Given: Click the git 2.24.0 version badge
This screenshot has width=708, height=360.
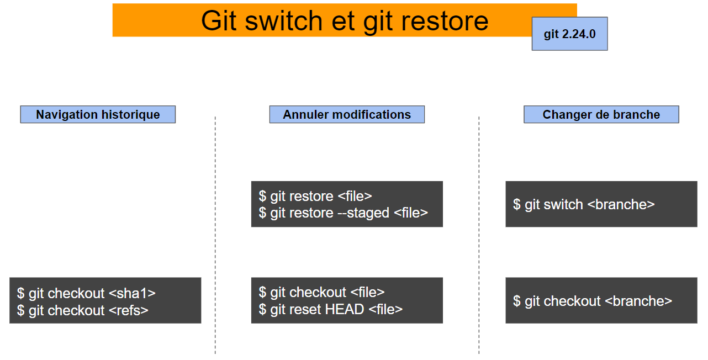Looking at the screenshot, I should tap(569, 34).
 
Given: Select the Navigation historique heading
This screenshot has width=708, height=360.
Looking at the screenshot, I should tap(98, 114).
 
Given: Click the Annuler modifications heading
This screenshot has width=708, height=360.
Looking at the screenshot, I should tap(347, 114).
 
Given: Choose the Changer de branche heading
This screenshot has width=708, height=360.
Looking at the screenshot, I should tap(601, 114).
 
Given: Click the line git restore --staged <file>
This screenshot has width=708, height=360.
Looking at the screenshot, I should tap(344, 213).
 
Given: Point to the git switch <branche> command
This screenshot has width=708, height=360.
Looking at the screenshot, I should tap(584, 204).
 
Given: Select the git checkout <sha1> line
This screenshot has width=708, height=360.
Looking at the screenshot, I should tap(86, 293).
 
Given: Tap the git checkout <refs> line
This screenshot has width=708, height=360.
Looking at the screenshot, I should tap(83, 310).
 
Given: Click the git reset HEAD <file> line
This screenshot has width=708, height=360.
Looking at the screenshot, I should tap(331, 309).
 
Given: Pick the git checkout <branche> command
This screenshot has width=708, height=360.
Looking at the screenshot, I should tap(593, 301).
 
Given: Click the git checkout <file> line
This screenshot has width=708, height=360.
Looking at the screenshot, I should tap(321, 292).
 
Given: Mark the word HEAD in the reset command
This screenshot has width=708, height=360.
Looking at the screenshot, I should tap(344, 309).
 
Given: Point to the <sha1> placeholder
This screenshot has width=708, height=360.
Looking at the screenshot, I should tap(133, 293).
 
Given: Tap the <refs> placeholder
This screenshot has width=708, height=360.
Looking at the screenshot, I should tap(129, 310).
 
